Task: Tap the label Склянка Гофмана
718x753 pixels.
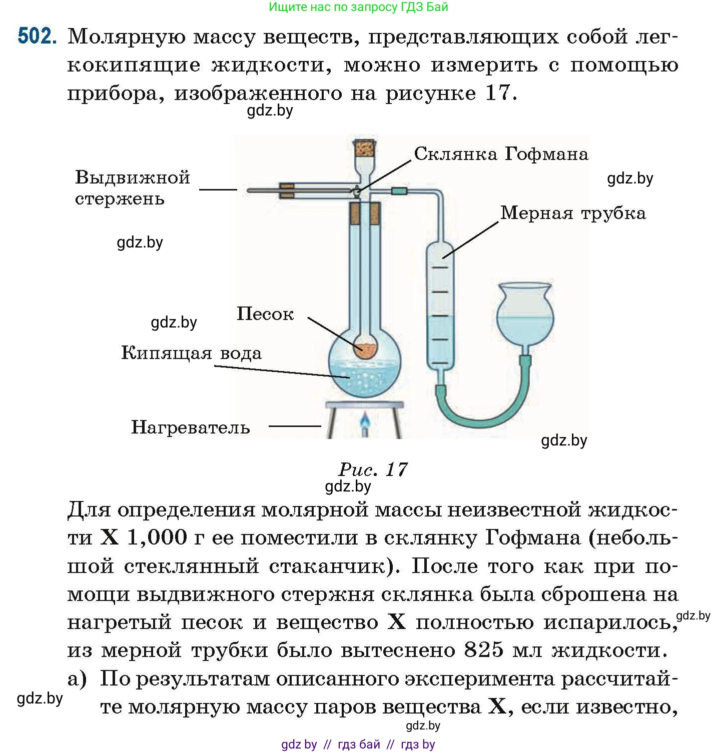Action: (501, 154)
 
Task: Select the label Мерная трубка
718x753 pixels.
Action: (573, 213)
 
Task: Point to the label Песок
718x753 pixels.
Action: (265, 314)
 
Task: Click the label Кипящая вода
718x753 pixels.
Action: (191, 353)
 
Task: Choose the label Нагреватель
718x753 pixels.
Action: (190, 427)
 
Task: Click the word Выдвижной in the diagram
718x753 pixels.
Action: (133, 177)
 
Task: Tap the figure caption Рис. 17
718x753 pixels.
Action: (373, 469)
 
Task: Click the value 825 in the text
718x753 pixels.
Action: (483, 650)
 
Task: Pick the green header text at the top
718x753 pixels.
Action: (358, 7)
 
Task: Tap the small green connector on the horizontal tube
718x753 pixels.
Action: (399, 190)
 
